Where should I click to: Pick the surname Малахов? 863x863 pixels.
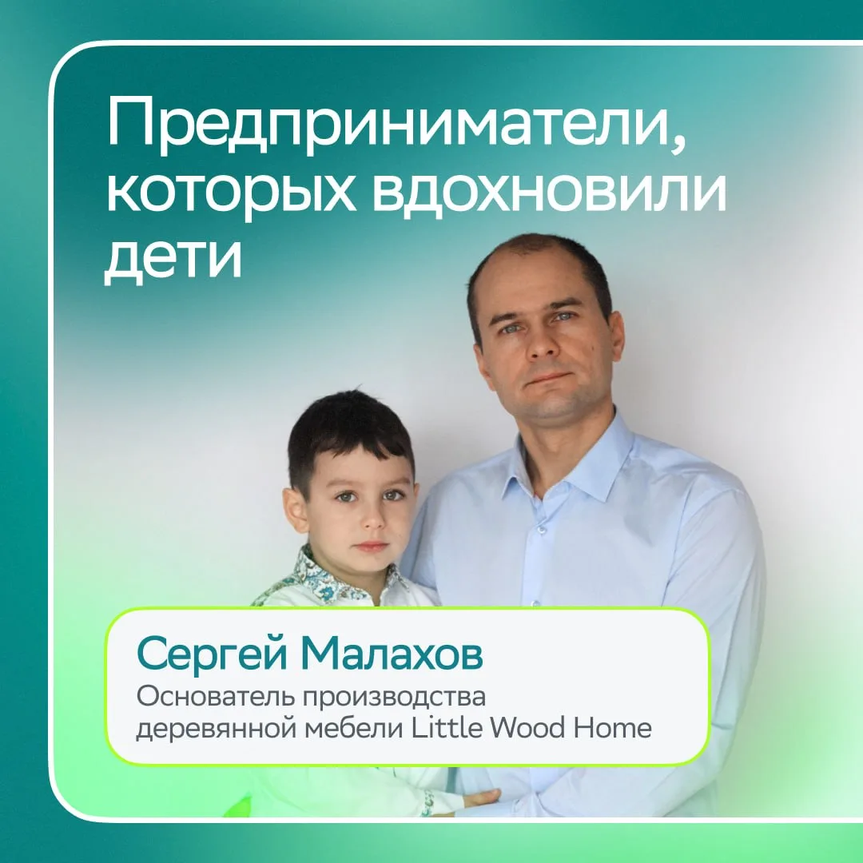coord(392,654)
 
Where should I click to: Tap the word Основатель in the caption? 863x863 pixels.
coord(217,696)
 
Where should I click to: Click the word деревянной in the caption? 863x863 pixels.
coord(217,730)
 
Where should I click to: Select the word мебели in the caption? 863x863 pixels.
coord(355,728)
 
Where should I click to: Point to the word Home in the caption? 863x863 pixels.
coord(613,728)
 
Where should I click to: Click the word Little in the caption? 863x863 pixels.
coord(447,728)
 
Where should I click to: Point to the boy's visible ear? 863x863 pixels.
coord(294,510)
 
